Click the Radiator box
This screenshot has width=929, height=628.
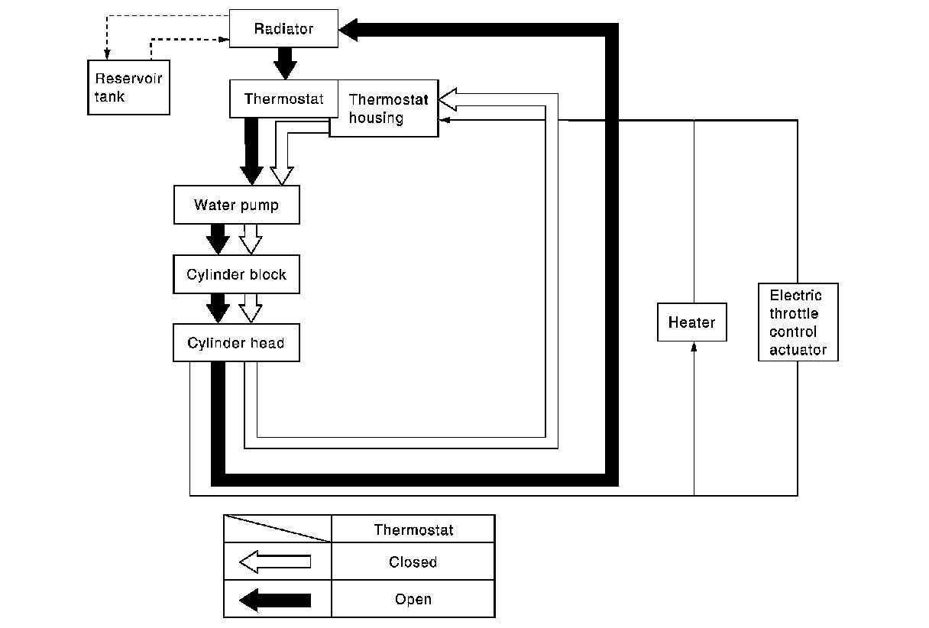click(283, 29)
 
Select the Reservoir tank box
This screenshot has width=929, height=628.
click(128, 87)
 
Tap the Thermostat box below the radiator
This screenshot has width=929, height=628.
click(283, 99)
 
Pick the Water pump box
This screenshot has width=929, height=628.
click(236, 205)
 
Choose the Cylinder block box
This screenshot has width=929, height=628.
click(236, 274)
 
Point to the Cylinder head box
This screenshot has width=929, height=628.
click(236, 343)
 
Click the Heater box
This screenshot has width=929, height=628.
click(691, 322)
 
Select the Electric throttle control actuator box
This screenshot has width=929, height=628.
click(798, 322)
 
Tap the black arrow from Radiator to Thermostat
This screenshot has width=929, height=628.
click(285, 63)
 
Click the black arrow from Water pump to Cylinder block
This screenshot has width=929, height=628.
click(218, 238)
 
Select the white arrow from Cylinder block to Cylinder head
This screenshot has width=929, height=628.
click(251, 308)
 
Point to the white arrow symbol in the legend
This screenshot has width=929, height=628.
click(275, 562)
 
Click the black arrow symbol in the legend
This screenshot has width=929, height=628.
click(275, 600)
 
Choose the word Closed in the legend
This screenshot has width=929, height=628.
click(413, 562)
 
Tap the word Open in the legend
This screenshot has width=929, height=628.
click(413, 600)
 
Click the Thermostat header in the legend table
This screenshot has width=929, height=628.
click(413, 529)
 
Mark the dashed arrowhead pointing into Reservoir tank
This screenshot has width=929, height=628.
click(107, 55)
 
